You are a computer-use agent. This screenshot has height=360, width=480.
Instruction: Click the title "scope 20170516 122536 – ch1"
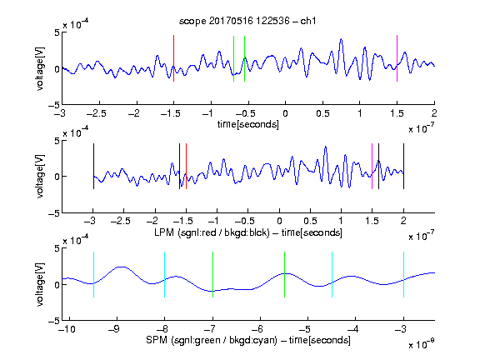click(247, 21)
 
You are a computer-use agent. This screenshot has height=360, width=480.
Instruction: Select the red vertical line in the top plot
click(173, 58)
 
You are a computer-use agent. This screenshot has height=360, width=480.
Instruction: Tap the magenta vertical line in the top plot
click(397, 58)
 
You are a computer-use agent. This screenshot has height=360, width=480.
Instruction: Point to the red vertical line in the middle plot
click(186, 166)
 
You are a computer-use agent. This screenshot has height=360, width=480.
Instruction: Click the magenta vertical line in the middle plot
click(372, 166)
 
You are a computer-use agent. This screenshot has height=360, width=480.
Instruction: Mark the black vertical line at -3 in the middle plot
click(93, 166)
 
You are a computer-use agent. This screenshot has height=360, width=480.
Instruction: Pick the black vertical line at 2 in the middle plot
click(403, 166)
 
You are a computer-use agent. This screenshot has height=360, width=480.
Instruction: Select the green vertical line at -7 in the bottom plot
click(212, 274)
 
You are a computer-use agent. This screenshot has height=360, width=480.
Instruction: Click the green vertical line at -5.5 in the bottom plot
click(285, 274)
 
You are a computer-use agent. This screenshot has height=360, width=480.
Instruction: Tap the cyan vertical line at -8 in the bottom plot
click(164, 274)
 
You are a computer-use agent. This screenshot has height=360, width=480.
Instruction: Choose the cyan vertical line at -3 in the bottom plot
click(403, 274)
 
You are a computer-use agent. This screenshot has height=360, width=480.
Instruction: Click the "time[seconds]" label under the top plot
click(248, 124)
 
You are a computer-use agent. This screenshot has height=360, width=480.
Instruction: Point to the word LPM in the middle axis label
click(164, 232)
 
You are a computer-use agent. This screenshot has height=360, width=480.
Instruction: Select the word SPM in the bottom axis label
click(157, 340)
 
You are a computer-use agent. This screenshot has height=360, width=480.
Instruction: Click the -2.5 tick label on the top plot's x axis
click(96, 114)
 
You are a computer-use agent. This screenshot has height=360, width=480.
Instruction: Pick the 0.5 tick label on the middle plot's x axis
click(310, 221)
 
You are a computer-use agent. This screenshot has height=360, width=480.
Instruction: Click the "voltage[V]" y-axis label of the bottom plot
click(40, 284)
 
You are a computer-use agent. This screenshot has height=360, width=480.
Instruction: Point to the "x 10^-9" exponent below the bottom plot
click(421, 344)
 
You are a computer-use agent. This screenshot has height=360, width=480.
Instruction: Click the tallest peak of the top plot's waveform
click(341, 39)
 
